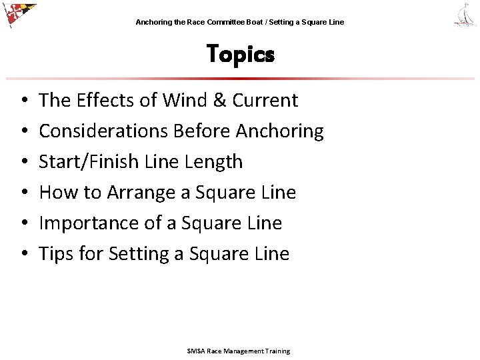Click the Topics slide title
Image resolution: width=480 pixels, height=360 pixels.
pyautogui.click(x=240, y=54)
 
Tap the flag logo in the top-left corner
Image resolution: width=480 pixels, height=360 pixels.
pyautogui.click(x=18, y=15)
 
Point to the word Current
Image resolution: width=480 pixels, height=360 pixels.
pyautogui.click(x=265, y=101)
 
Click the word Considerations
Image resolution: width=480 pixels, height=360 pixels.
pyautogui.click(x=103, y=131)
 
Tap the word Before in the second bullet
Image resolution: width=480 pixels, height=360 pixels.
pyautogui.click(x=202, y=131)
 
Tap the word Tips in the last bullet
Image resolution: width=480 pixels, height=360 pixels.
pyautogui.click(x=55, y=254)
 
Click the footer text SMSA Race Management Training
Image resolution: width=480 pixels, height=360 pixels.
pyautogui.click(x=238, y=351)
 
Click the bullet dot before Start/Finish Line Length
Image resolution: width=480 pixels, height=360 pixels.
pyautogui.click(x=23, y=162)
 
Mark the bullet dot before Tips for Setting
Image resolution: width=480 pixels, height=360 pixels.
pyautogui.click(x=23, y=254)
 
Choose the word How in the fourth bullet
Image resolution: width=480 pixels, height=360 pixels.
pyautogui.click(x=55, y=193)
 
